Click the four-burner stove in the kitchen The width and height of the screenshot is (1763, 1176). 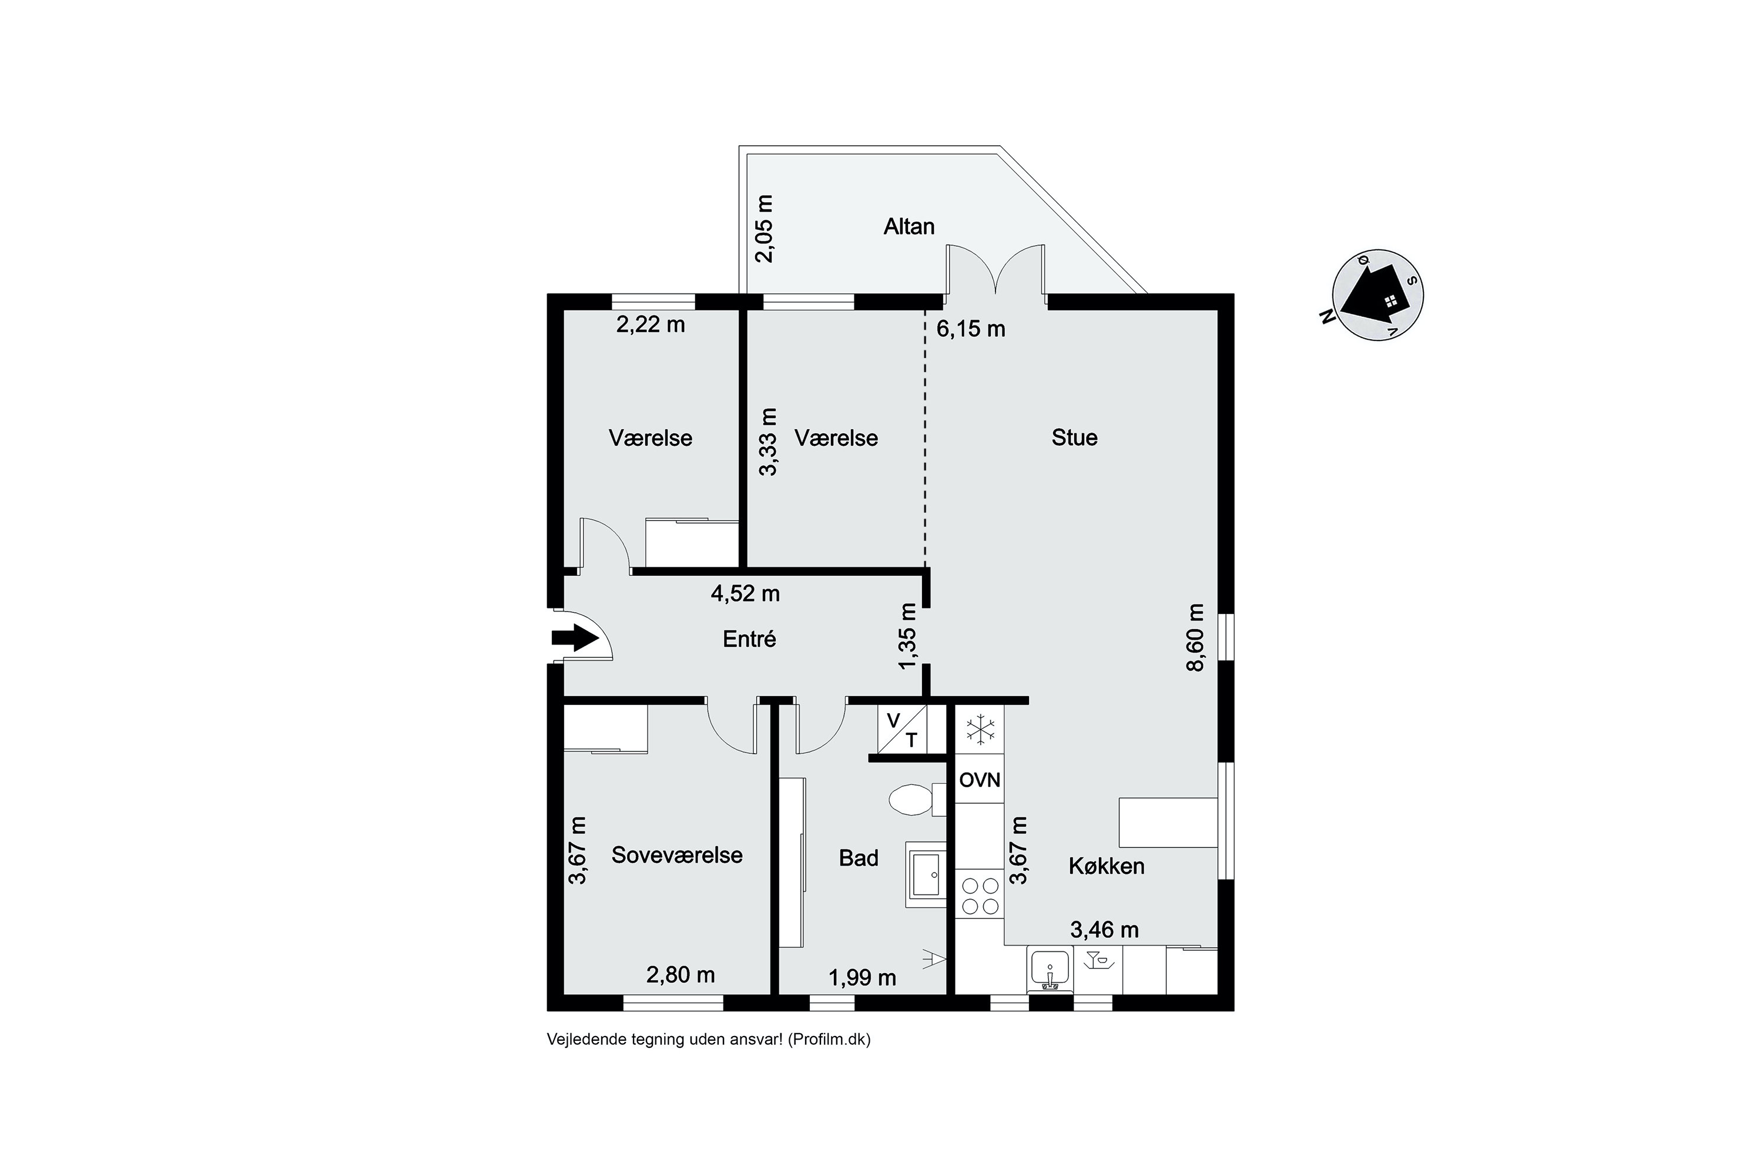[980, 896]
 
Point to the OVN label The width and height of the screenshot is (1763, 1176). [980, 780]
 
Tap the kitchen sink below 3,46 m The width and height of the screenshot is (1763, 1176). [1050, 969]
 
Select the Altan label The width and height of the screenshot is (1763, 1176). [909, 226]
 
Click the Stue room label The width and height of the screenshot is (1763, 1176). [1074, 437]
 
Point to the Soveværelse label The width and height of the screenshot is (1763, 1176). [677, 855]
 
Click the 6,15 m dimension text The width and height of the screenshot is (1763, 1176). [971, 329]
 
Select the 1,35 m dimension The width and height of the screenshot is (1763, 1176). [908, 637]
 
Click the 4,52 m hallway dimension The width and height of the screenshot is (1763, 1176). [745, 593]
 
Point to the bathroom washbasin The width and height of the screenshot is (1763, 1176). [927, 874]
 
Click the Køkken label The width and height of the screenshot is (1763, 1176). [1107, 866]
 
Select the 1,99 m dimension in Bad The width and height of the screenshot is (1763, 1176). [862, 978]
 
